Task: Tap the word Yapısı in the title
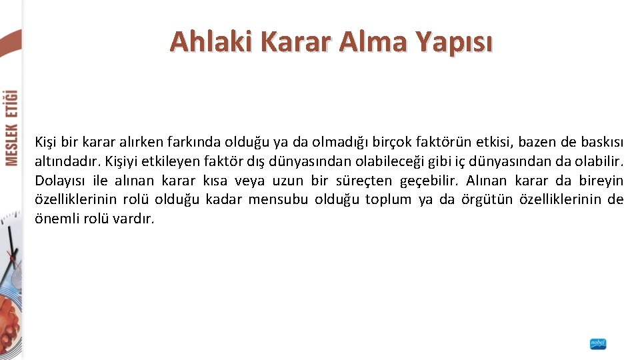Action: click(x=455, y=41)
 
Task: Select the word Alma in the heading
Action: click(x=375, y=41)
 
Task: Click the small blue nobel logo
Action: click(x=598, y=344)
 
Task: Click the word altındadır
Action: click(x=63, y=161)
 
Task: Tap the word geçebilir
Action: click(x=429, y=181)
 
